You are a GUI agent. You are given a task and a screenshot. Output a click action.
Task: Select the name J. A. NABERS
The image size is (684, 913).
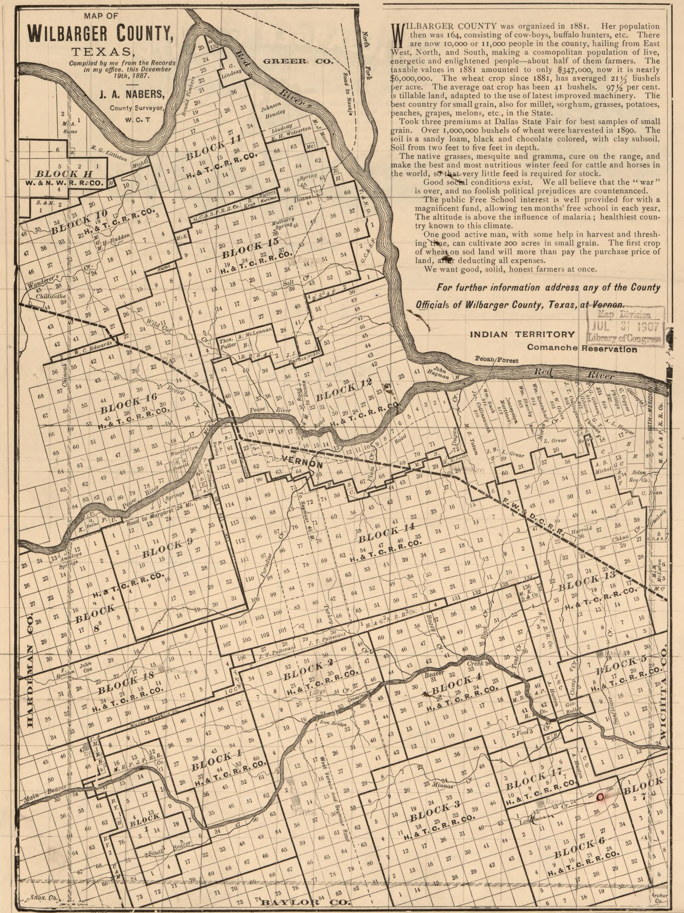pos(131,95)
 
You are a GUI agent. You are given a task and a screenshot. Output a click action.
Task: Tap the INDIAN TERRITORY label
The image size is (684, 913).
pos(522,334)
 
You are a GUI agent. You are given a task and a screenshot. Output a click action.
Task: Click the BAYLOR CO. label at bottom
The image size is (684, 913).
pos(306,904)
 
